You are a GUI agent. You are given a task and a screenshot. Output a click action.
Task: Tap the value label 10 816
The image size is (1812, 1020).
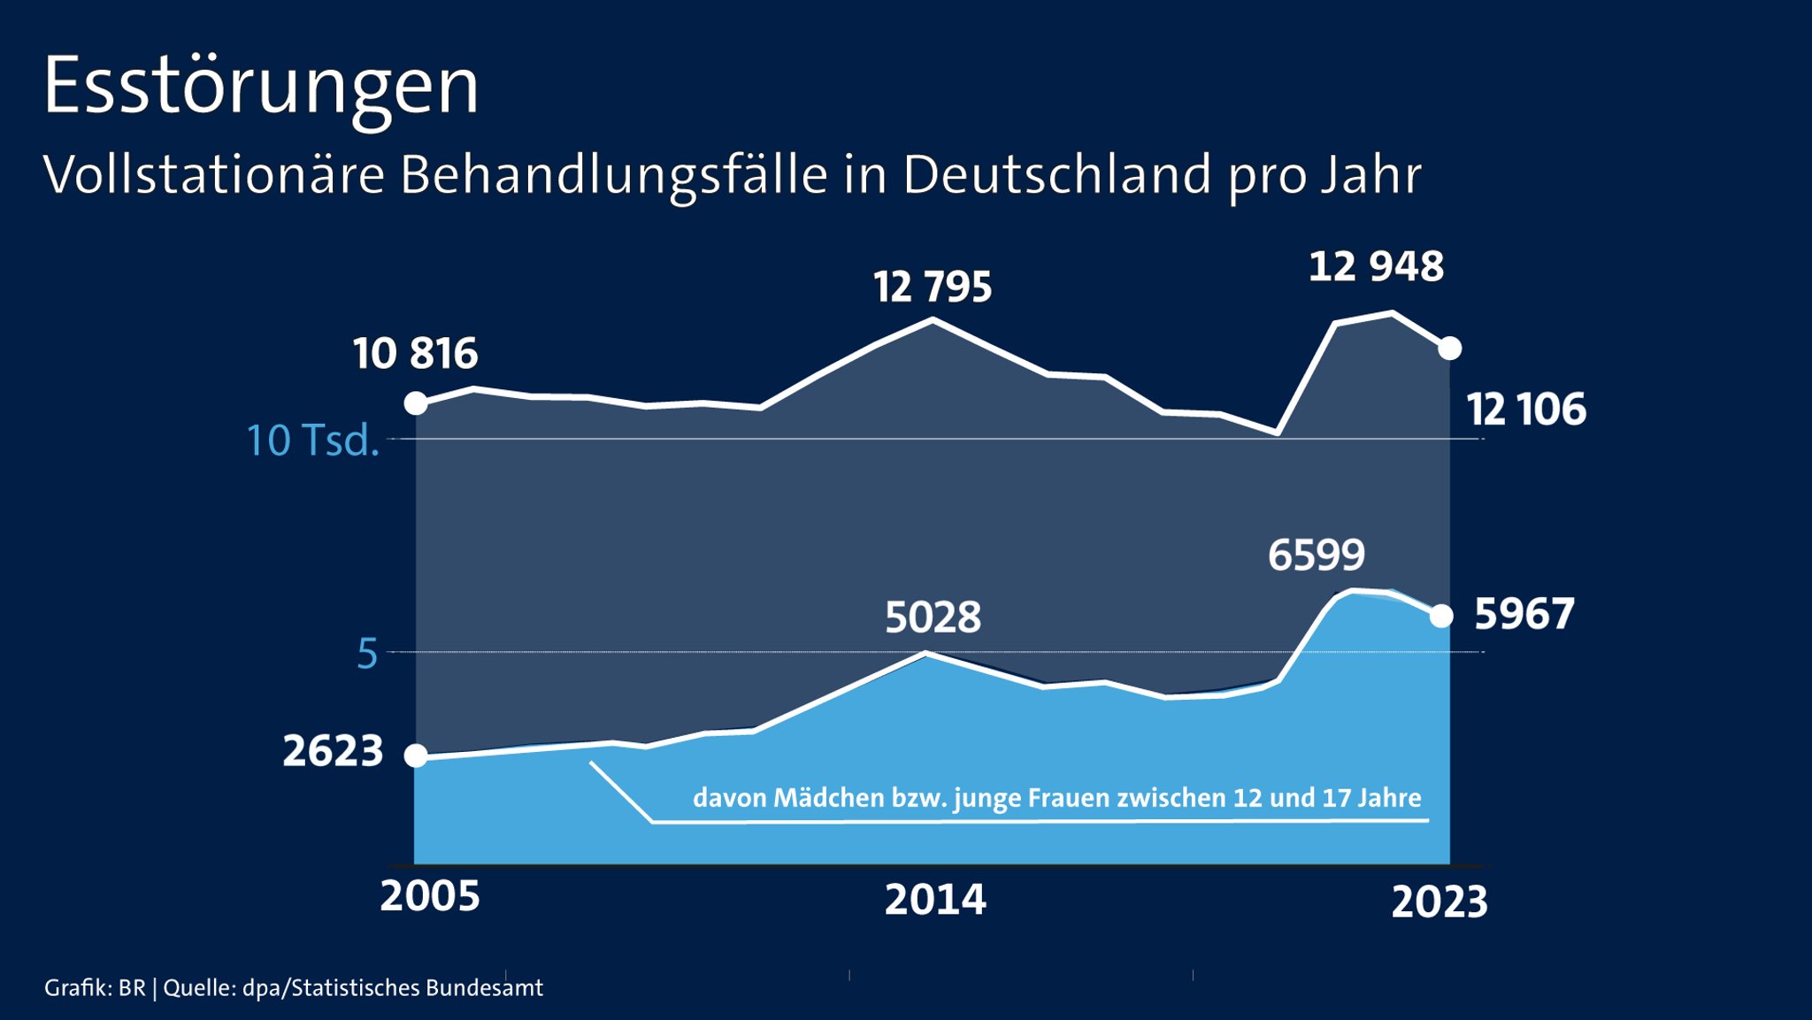click(415, 354)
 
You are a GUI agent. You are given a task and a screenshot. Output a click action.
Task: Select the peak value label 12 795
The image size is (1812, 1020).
click(933, 288)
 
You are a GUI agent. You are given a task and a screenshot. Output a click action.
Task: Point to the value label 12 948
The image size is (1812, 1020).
click(1376, 267)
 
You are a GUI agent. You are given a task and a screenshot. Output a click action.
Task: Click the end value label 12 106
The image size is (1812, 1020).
click(1526, 410)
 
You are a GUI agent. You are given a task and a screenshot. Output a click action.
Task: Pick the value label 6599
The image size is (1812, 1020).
click(1317, 556)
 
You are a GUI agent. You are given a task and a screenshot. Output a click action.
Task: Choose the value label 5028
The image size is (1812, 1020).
click(933, 617)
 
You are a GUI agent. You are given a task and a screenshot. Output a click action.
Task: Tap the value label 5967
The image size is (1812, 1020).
click(1524, 614)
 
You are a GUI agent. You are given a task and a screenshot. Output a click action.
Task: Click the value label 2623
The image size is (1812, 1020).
click(333, 752)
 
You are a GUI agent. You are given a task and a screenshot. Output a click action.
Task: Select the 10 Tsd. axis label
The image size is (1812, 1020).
click(312, 441)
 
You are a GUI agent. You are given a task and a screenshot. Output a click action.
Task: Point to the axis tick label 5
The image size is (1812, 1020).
click(367, 655)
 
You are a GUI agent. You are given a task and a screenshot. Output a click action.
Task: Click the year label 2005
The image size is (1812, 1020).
click(430, 896)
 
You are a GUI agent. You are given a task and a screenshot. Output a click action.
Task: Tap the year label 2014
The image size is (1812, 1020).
click(935, 901)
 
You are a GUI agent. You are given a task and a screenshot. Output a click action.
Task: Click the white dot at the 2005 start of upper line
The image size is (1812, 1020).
click(416, 403)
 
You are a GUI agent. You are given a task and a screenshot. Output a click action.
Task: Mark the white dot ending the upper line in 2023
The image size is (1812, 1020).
click(1449, 349)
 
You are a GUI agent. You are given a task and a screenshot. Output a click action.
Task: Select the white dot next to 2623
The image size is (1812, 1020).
click(416, 755)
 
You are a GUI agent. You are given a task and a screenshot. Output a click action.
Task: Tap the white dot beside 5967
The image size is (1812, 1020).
click(1441, 617)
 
